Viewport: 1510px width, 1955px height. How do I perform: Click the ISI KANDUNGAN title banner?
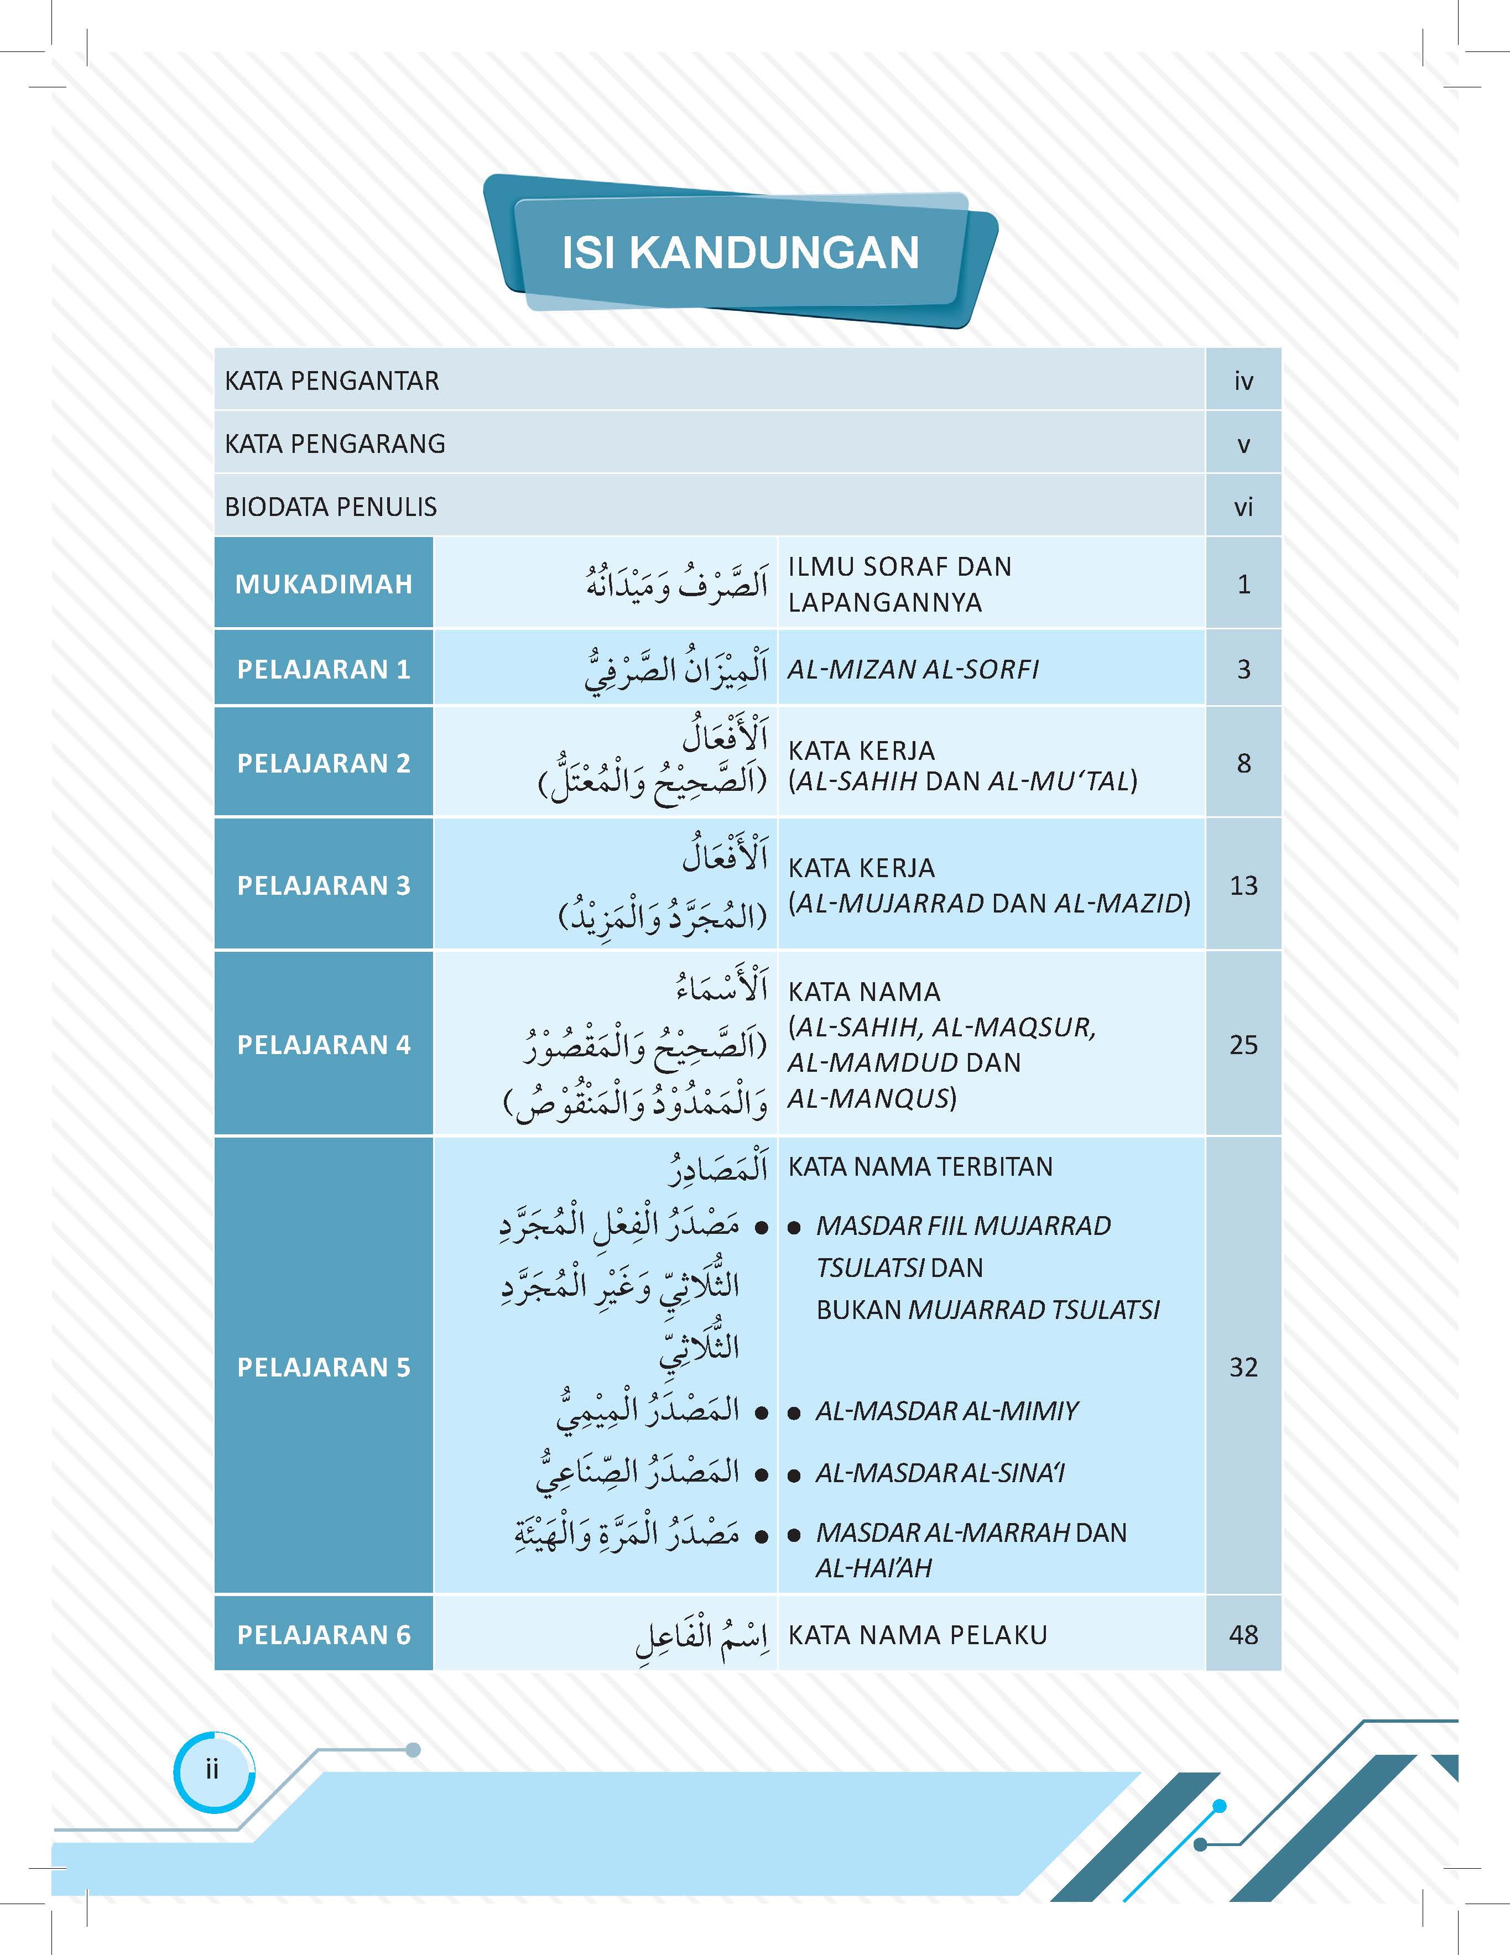pyautogui.click(x=740, y=252)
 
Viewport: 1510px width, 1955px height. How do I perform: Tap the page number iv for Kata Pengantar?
pyautogui.click(x=1243, y=382)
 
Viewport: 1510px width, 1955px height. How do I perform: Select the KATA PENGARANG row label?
pyautogui.click(x=335, y=444)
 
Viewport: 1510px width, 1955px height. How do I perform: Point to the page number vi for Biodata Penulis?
pyautogui.click(x=1243, y=508)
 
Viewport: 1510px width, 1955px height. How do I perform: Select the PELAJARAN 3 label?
pyautogui.click(x=323, y=885)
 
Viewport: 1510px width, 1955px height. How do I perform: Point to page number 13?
pyautogui.click(x=1243, y=885)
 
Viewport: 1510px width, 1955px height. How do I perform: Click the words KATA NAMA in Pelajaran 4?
pyautogui.click(x=864, y=992)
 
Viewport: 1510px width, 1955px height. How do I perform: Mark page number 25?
pyautogui.click(x=1243, y=1045)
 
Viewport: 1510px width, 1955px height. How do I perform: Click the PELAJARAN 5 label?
pyautogui.click(x=323, y=1367)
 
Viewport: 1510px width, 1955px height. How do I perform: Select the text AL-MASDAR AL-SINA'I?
pyautogui.click(x=940, y=1473)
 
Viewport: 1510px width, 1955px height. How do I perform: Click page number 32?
pyautogui.click(x=1243, y=1367)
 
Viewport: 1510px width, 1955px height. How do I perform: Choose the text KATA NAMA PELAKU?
pyautogui.click(x=918, y=1635)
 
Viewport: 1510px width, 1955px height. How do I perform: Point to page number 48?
pyautogui.click(x=1243, y=1635)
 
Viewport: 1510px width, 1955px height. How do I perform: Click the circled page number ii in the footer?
pyautogui.click(x=212, y=1770)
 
